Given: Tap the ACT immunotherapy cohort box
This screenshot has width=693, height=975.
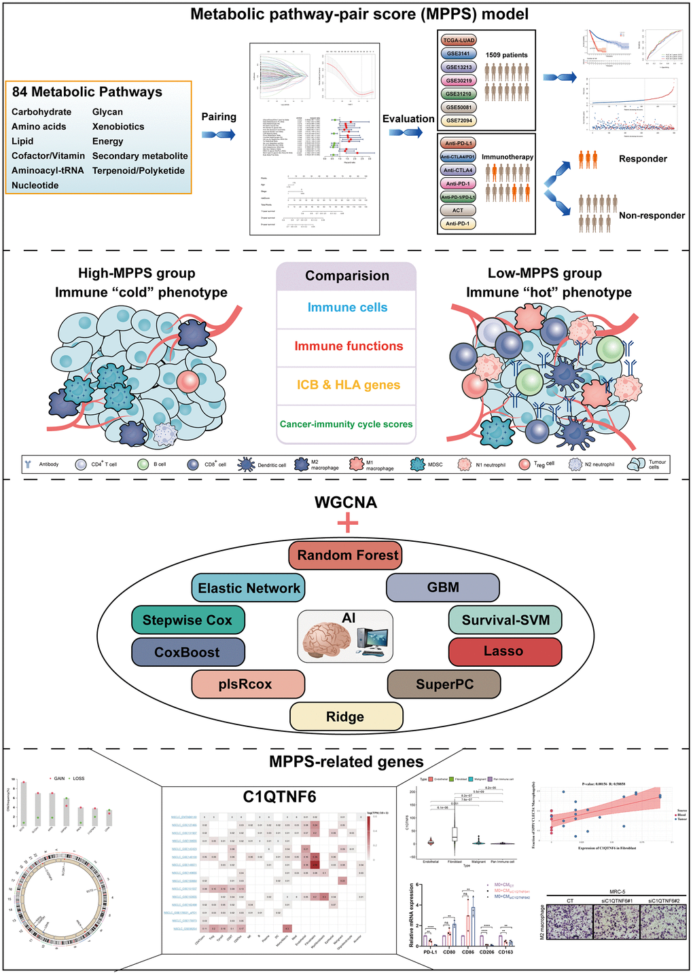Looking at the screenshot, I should (458, 210).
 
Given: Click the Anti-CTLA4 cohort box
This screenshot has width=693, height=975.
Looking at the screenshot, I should (458, 170).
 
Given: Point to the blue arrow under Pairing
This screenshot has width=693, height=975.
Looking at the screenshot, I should (219, 134).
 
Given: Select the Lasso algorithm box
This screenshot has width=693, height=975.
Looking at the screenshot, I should (504, 652).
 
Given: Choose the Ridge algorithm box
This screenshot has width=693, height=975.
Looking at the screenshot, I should (346, 717).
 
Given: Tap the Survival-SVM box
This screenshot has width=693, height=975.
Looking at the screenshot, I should (504, 620).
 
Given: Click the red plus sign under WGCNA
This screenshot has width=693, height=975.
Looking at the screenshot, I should (347, 523).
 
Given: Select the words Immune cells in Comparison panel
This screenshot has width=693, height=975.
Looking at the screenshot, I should (347, 308).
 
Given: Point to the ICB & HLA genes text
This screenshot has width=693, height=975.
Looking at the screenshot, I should (348, 385).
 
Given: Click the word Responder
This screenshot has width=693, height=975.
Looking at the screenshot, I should (643, 159).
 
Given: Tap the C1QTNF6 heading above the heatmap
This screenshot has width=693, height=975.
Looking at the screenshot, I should (279, 796).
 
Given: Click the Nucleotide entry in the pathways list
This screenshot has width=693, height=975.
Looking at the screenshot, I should (35, 185).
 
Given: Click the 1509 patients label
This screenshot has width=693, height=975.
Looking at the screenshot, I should (506, 55).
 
